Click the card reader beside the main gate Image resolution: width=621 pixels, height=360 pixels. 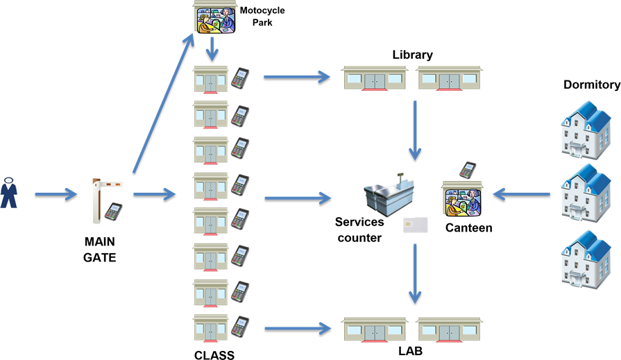click(x=113, y=211)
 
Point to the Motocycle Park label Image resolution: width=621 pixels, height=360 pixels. click(x=262, y=17)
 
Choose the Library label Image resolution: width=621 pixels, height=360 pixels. click(x=412, y=54)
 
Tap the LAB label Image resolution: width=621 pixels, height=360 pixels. click(x=410, y=351)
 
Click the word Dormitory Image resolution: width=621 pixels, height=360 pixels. click(x=592, y=85)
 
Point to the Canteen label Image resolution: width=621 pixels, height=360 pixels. click(x=468, y=228)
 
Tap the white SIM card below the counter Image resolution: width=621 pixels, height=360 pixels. click(x=415, y=225)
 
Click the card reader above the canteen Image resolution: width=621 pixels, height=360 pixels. click(x=468, y=169)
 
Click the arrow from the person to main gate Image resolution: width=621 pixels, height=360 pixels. click(x=56, y=195)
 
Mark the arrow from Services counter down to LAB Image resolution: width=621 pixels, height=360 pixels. click(x=415, y=273)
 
